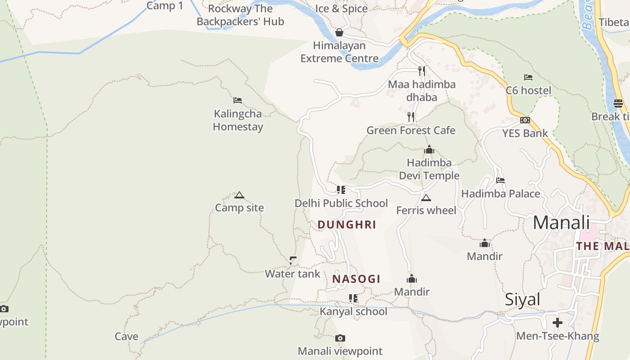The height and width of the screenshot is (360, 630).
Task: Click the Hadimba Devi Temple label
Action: (x=429, y=169)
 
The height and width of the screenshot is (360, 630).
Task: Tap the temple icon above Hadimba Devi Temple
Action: (x=429, y=149)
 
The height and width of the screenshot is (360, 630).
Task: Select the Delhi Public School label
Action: (x=341, y=203)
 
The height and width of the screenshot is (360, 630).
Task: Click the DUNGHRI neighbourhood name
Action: (x=346, y=225)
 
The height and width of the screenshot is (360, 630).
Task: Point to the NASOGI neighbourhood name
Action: (x=356, y=279)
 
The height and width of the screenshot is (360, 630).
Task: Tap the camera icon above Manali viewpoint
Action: (x=340, y=338)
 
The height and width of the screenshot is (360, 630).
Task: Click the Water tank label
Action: (x=292, y=274)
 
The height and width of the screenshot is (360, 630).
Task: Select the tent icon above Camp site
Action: (x=239, y=195)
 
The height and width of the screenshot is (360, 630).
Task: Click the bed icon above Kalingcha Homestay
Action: (x=238, y=100)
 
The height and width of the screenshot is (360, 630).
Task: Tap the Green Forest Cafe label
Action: (x=411, y=130)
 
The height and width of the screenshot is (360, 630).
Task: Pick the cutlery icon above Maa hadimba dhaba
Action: (x=421, y=71)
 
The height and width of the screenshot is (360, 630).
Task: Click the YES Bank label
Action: (x=525, y=133)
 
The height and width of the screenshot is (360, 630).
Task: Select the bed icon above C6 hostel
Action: (x=528, y=77)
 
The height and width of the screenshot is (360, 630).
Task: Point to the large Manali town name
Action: (x=561, y=223)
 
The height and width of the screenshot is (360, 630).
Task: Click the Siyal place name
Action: (x=522, y=299)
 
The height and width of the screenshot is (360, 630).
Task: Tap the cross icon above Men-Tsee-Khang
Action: (x=558, y=323)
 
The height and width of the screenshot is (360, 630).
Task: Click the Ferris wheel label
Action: (x=426, y=211)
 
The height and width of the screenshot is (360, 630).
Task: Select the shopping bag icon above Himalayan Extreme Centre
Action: (x=339, y=32)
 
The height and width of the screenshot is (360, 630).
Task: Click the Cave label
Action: (x=126, y=337)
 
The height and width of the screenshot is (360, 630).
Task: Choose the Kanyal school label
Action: (x=353, y=311)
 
